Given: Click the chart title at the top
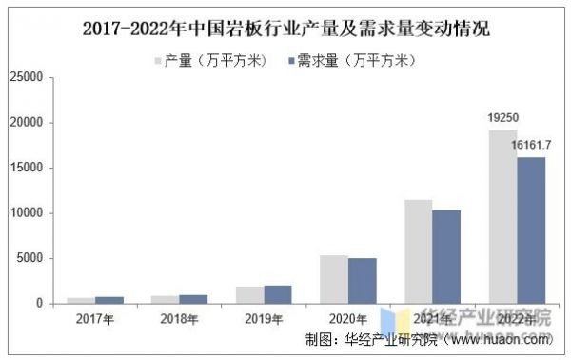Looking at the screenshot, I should point(285,28).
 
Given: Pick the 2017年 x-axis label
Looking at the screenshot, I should point(96,320).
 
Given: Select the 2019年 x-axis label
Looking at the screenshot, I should point(264,320).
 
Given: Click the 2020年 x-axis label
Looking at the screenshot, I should point(348,320).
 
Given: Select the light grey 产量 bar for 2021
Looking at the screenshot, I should point(419,251).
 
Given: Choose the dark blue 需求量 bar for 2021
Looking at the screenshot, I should point(446,256).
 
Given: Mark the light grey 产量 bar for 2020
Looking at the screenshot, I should point(334,279).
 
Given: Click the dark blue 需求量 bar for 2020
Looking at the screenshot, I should point(363,280).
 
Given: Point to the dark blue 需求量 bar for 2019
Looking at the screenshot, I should point(278,294).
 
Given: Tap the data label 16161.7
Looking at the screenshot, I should point(532,146).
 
